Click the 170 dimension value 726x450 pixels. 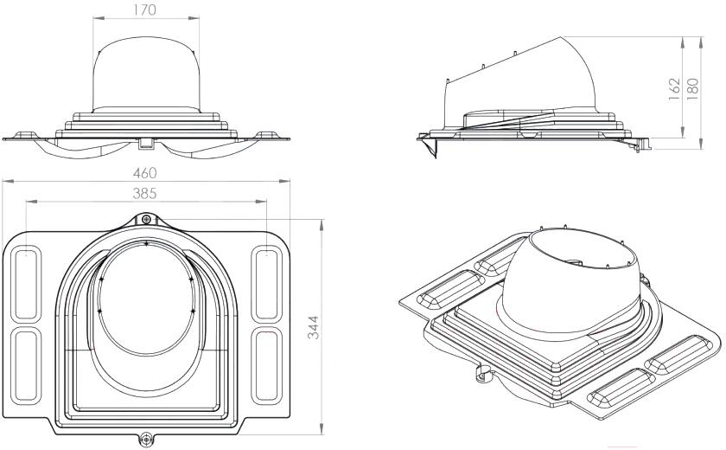pyautogui.click(x=145, y=10)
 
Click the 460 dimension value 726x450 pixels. pyautogui.click(x=145, y=173)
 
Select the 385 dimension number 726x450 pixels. pyautogui.click(x=145, y=193)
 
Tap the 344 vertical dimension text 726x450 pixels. pyautogui.click(x=314, y=327)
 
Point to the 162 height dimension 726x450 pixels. pyautogui.click(x=675, y=88)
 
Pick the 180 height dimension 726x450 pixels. pyautogui.click(x=692, y=88)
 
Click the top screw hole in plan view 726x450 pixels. pyautogui.click(x=146, y=219)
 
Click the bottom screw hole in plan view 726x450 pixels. pyautogui.click(x=146, y=438)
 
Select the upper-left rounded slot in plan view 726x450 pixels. pyautogui.click(x=26, y=283)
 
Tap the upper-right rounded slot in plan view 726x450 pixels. pyautogui.click(x=267, y=283)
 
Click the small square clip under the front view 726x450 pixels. pyautogui.click(x=145, y=143)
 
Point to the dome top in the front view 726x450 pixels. pyautogui.click(x=146, y=38)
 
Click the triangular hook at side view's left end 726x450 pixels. pyautogui.click(x=430, y=148)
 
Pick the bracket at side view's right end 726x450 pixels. pyautogui.click(x=640, y=145)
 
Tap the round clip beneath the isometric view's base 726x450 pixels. pyautogui.click(x=483, y=374)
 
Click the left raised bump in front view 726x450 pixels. pyautogui.click(x=25, y=135)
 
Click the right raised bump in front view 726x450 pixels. pyautogui.click(x=264, y=135)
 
